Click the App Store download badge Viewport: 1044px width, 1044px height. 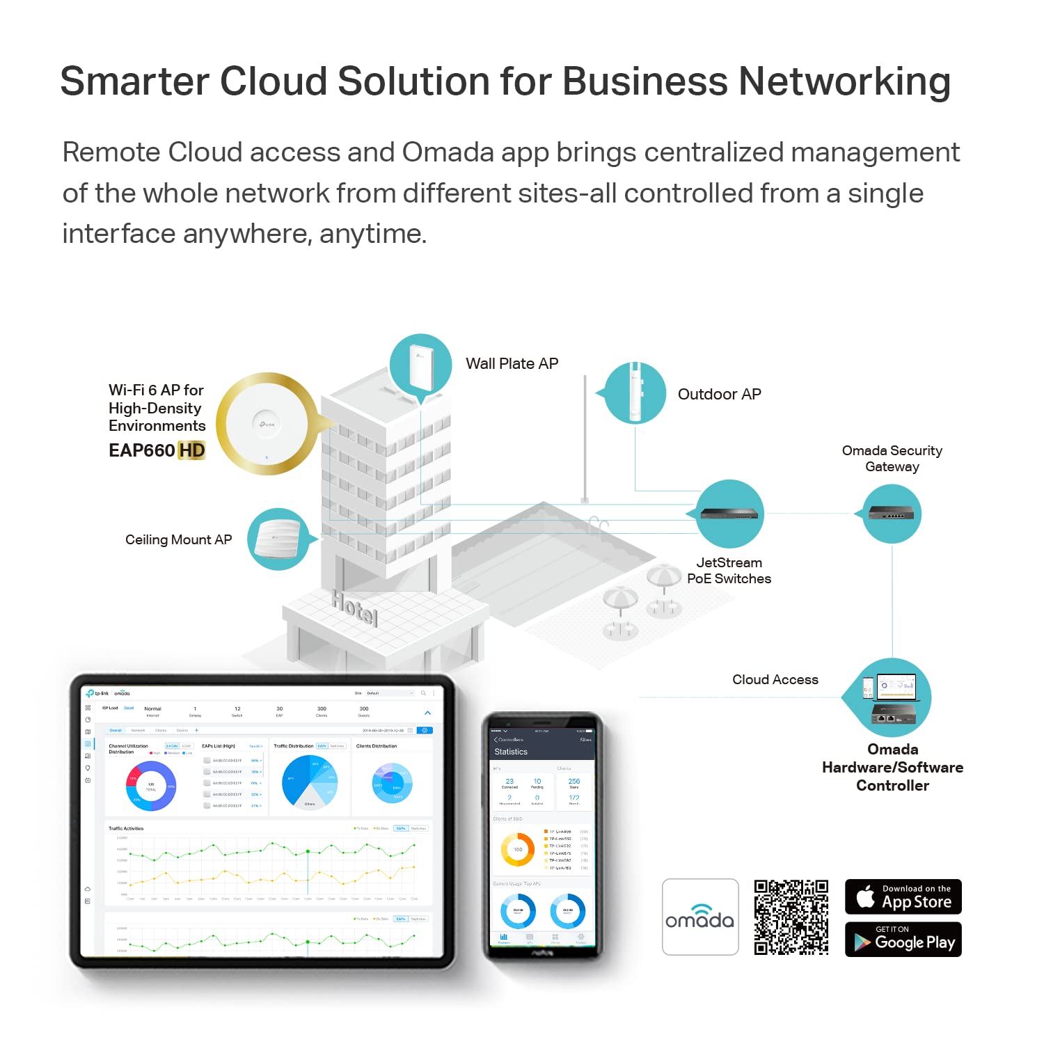[x=903, y=896]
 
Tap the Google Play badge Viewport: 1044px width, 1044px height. [x=903, y=939]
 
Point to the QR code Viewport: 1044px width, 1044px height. [x=791, y=917]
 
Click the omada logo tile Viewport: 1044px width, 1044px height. [x=700, y=917]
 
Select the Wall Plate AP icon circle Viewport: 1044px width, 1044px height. [x=420, y=365]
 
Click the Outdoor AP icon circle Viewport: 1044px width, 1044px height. [x=635, y=393]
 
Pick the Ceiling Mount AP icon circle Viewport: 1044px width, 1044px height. [x=279, y=539]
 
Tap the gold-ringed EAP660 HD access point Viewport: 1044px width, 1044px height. [x=267, y=424]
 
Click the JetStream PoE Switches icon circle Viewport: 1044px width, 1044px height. [x=729, y=514]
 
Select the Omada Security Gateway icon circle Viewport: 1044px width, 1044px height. [x=892, y=514]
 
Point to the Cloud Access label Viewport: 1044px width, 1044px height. [x=775, y=680]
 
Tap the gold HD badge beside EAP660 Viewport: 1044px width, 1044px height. [x=191, y=451]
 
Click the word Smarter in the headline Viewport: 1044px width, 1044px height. [x=134, y=81]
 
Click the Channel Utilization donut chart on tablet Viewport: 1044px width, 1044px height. [x=151, y=786]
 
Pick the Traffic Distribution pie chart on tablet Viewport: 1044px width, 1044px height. [x=310, y=781]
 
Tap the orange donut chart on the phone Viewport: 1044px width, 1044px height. [x=518, y=849]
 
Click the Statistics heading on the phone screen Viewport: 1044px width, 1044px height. [x=511, y=752]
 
